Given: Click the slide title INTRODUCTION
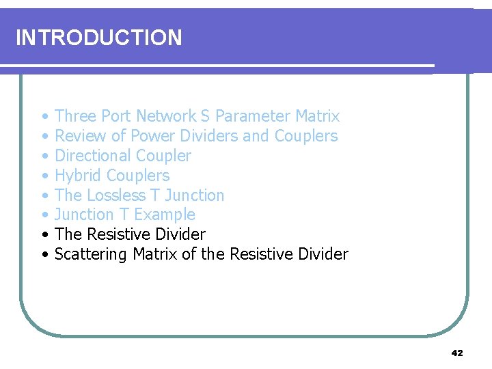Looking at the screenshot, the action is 98,38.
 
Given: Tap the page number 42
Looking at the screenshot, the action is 457,353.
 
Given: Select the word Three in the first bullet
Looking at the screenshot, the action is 75,116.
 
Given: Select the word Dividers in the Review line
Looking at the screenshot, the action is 206,136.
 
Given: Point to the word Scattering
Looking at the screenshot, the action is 91,254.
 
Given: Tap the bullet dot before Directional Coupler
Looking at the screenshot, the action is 44,156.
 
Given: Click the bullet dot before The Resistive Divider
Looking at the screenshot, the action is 44,235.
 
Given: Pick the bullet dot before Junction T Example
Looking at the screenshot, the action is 44,215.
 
